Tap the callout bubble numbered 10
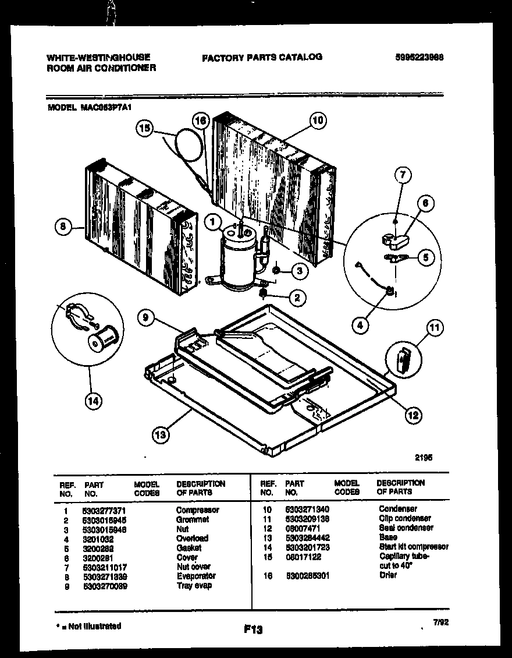317,121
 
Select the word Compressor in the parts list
197,510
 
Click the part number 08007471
302,528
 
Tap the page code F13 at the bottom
254,629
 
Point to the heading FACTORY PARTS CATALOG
261,57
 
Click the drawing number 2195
423,457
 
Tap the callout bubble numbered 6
425,203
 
